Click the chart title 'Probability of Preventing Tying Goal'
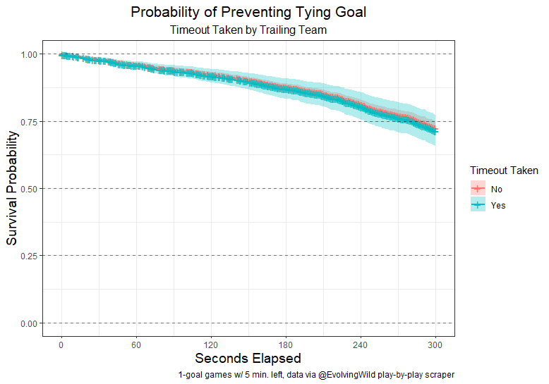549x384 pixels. [248, 13]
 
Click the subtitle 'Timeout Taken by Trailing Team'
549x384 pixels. [248, 30]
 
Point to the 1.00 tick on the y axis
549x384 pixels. [30, 54]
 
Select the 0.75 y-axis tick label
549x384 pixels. [30, 121]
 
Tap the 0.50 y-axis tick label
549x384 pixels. [30, 189]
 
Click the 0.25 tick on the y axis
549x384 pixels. [30, 256]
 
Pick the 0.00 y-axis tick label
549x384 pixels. [30, 323]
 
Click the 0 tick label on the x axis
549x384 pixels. [61, 345]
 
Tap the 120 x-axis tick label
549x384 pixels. [211, 345]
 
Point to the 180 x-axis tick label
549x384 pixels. [286, 345]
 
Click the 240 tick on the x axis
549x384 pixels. [361, 345]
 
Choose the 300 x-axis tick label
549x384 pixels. [435, 345]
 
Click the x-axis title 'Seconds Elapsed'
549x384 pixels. [248, 359]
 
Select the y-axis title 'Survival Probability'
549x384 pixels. [12, 188]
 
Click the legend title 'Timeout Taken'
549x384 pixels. [505, 171]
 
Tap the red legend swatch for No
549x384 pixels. [478, 189]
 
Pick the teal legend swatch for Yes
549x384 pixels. [478, 206]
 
